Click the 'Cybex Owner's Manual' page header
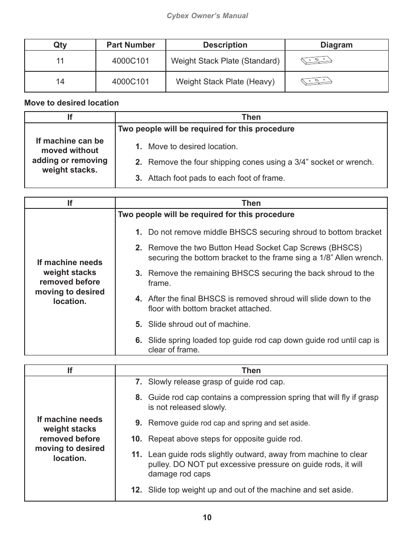point(207,16)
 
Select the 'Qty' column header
point(60,45)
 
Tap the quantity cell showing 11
point(60,61)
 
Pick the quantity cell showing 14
point(60,82)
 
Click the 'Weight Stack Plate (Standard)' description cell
point(225,61)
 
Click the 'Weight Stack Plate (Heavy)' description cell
point(225,82)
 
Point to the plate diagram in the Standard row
point(316,61)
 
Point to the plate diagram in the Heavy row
point(316,81)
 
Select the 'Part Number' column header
point(130,45)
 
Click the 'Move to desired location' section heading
point(71,103)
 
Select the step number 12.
point(136,490)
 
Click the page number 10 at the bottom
point(207,518)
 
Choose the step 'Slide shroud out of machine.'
point(199,324)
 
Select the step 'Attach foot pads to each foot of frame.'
point(216,178)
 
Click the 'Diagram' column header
point(336,45)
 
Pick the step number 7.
point(138,382)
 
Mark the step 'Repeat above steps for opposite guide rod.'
point(225,439)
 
